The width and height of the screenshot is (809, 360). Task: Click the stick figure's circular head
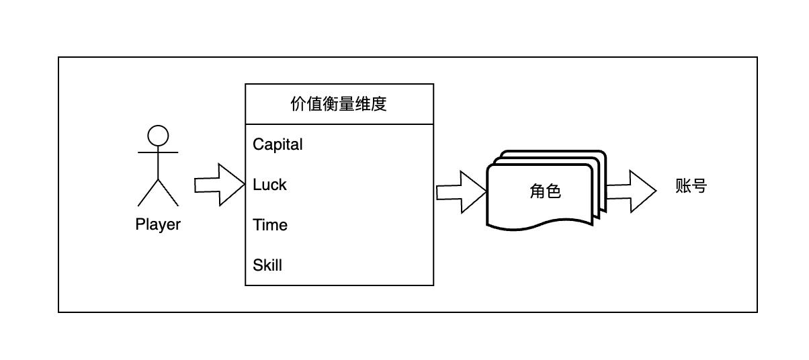(158, 136)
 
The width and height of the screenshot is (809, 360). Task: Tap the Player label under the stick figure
(158, 224)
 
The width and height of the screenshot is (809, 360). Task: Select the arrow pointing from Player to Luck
(219, 185)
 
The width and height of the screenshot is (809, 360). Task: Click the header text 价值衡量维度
(339, 104)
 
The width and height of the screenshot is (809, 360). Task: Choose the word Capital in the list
(278, 144)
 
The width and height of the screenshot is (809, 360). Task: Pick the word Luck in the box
(269, 185)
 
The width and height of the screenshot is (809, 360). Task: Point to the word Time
(270, 225)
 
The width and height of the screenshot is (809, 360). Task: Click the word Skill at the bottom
(267, 265)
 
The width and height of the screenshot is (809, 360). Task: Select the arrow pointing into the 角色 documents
(461, 192)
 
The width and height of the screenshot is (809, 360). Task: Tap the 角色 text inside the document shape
(545, 191)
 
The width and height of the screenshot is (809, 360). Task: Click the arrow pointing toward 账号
(632, 191)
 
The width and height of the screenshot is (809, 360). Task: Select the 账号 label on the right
(691, 186)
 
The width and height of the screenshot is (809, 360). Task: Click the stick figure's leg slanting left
(148, 192)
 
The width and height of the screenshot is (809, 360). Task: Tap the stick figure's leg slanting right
(168, 192)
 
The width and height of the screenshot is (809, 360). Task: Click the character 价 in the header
(298, 104)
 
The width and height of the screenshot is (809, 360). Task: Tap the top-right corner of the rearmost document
(603, 154)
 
